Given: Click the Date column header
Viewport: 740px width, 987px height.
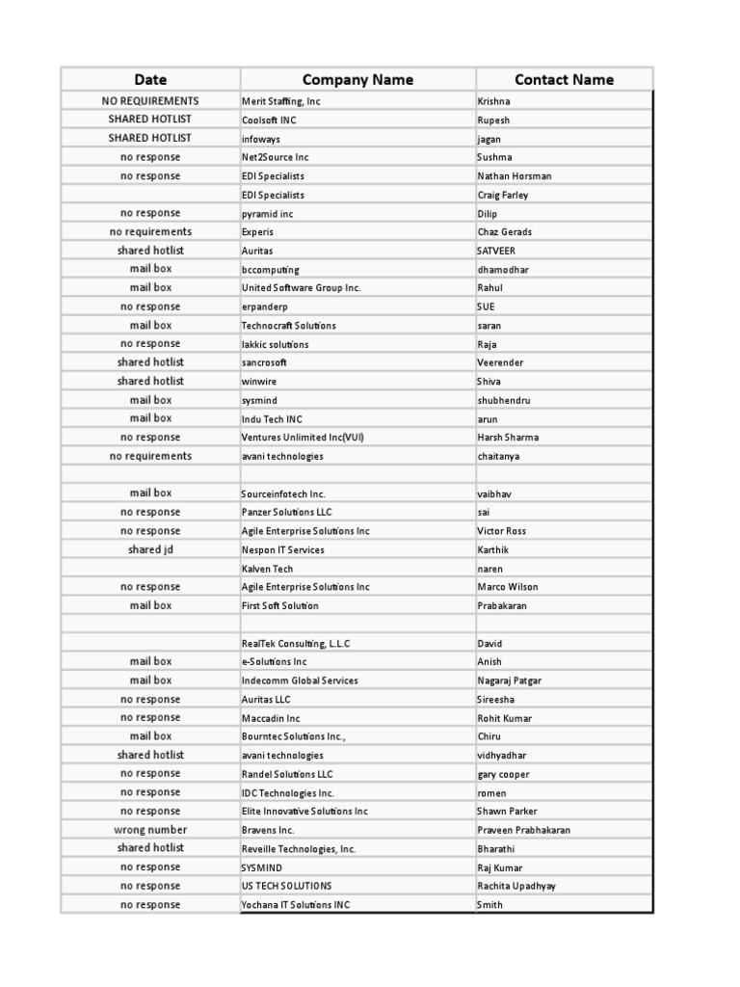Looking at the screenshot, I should click(150, 80).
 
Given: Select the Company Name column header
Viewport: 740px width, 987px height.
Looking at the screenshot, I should click(357, 80).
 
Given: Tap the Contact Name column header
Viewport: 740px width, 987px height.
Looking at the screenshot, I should click(564, 80).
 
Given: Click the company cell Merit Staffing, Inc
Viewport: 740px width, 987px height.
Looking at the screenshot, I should click(281, 101).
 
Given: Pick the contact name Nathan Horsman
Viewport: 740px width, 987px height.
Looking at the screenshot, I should click(515, 176).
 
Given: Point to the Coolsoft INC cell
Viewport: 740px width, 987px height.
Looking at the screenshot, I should click(268, 120).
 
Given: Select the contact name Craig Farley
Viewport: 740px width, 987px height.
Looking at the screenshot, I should click(503, 195).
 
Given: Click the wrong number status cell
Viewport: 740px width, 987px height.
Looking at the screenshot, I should click(150, 830).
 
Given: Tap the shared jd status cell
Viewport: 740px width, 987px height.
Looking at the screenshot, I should click(150, 549).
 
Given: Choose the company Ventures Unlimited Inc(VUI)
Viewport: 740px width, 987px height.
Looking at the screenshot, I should click(303, 438).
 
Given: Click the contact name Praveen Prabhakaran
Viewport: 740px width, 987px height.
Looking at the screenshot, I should click(523, 830).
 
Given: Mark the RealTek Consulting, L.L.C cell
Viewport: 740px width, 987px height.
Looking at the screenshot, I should click(296, 643).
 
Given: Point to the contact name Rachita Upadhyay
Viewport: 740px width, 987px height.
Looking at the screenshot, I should click(516, 886).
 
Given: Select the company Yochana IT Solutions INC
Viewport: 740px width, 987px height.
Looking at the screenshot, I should click(296, 905).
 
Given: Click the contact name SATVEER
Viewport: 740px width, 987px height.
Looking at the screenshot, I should click(496, 251).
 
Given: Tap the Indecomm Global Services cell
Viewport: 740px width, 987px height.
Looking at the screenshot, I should click(300, 680).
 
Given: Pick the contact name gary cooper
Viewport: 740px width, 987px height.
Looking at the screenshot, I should click(503, 774).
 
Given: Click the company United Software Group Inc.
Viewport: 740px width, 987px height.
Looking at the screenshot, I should click(301, 288).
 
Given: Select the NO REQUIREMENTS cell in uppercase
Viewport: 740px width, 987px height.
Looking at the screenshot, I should click(150, 101).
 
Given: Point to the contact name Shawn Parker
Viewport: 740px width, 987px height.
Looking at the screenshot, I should click(507, 812).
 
